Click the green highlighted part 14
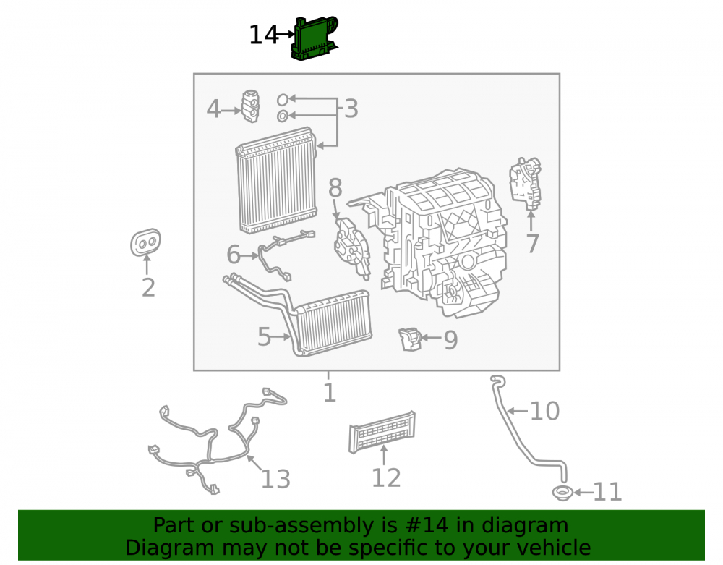[x=315, y=39]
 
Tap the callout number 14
[x=264, y=35]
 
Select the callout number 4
[x=213, y=109]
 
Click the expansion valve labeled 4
[x=250, y=106]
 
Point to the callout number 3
[x=351, y=109]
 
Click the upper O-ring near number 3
[x=283, y=99]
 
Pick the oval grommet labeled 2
[x=146, y=242]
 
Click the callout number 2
[x=148, y=288]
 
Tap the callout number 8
[x=335, y=187]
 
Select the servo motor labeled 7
[x=525, y=183]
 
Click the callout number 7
[x=533, y=244]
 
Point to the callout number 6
[x=234, y=254]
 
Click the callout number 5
[x=264, y=336]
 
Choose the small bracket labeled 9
[x=410, y=339]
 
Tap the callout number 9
[x=450, y=341]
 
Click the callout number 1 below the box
[x=329, y=393]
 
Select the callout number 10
[x=545, y=411]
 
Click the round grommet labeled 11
[x=562, y=493]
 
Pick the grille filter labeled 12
[x=382, y=432]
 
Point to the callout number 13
[x=275, y=479]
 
